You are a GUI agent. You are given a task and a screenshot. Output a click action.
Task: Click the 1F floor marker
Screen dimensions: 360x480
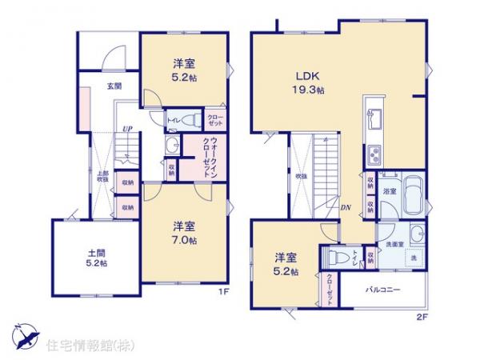click(x=226, y=292)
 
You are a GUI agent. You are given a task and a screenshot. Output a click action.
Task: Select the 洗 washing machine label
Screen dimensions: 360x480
click(x=414, y=258)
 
